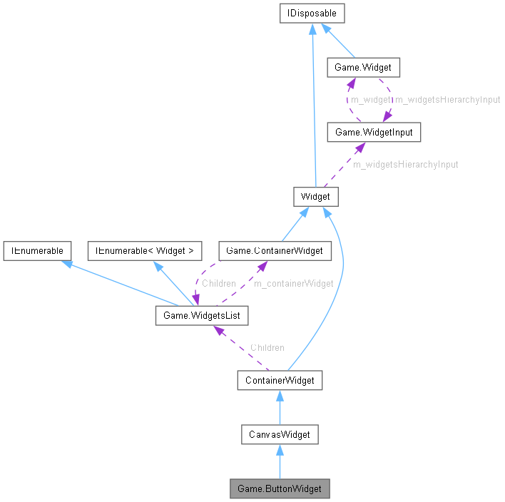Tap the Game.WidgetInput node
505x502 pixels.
pyautogui.click(x=369, y=132)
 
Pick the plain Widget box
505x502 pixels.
pyautogui.click(x=315, y=196)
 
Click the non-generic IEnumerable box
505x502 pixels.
pyautogui.click(x=36, y=250)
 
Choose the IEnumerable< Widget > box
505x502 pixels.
pyautogui.click(x=145, y=250)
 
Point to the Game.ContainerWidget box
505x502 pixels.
pyautogui.click(x=275, y=250)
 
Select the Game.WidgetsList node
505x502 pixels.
pyautogui.click(x=202, y=314)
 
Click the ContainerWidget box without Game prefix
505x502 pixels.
pyautogui.click(x=280, y=380)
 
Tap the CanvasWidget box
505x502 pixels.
pyautogui.click(x=279, y=434)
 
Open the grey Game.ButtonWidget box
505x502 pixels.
pyautogui.click(x=280, y=489)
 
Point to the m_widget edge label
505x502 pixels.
pyautogui.click(x=370, y=100)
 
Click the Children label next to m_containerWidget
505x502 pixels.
pyautogui.click(x=218, y=283)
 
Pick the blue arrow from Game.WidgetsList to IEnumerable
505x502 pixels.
pyautogui.click(x=114, y=280)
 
